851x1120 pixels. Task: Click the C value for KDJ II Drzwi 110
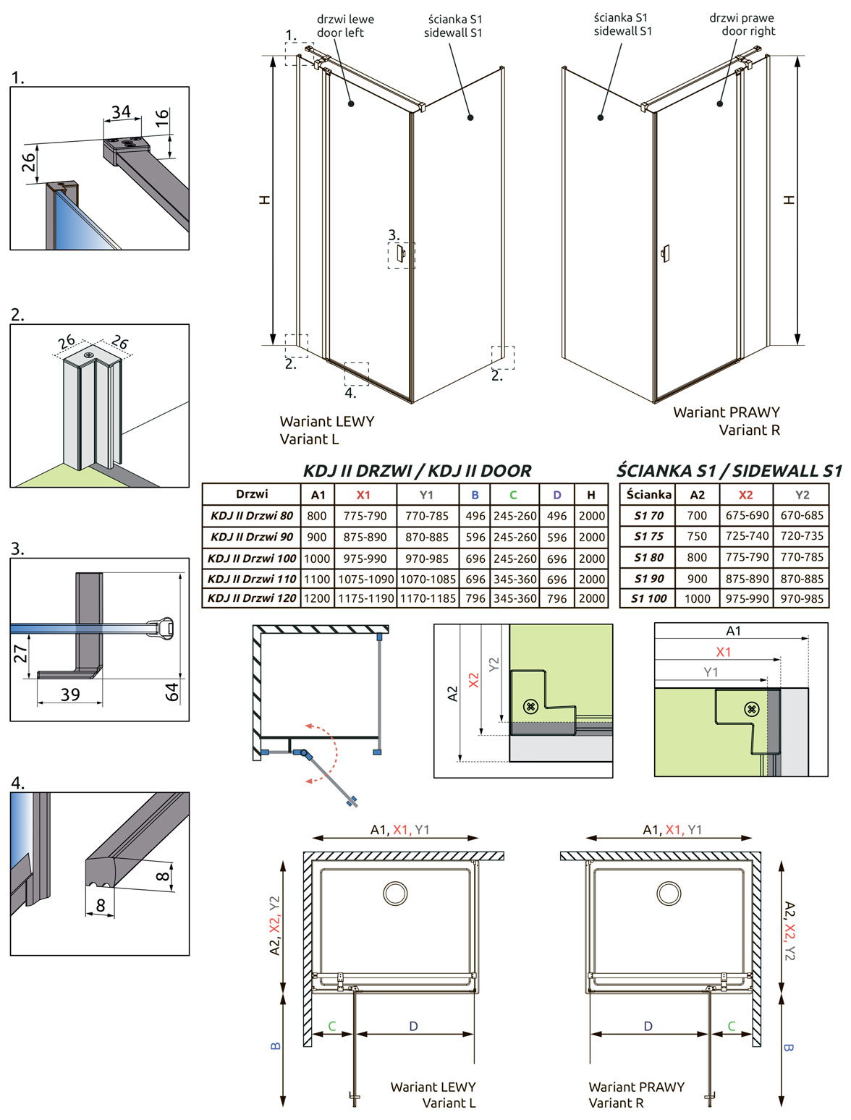pyautogui.click(x=515, y=579)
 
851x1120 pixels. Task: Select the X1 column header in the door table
pyautogui.click(x=363, y=495)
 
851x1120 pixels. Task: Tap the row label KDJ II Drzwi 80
pyautogui.click(x=252, y=516)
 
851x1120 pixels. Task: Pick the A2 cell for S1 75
pyautogui.click(x=697, y=536)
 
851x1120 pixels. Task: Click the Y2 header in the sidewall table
pyautogui.click(x=802, y=494)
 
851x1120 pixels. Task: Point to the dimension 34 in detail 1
pyautogui.click(x=122, y=111)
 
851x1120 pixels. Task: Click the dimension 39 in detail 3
pyautogui.click(x=70, y=695)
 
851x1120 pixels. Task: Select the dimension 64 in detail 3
pyautogui.click(x=173, y=692)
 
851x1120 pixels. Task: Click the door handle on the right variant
pyautogui.click(x=665, y=254)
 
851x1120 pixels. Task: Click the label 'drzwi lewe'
pyautogui.click(x=345, y=20)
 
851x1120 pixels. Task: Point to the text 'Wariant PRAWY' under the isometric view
pyautogui.click(x=727, y=412)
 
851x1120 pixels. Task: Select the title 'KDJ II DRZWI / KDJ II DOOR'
pyautogui.click(x=418, y=470)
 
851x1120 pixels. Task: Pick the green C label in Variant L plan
pyautogui.click(x=331, y=1026)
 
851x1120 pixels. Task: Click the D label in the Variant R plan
pyautogui.click(x=648, y=1026)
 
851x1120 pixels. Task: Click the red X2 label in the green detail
pyautogui.click(x=474, y=679)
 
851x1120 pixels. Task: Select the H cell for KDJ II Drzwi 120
pyautogui.click(x=592, y=598)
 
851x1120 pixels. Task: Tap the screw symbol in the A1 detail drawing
pyautogui.click(x=751, y=709)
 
